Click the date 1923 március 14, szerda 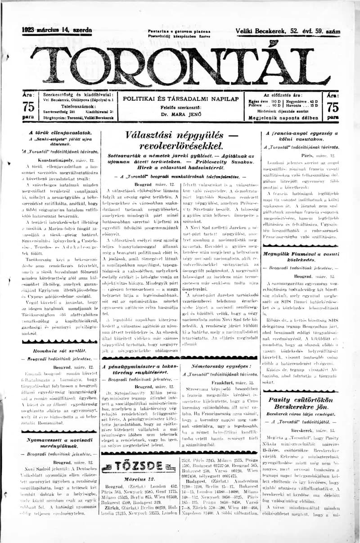(x=57, y=30)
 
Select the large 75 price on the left (x=28, y=107)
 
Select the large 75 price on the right (x=333, y=107)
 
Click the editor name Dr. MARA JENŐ (x=180, y=114)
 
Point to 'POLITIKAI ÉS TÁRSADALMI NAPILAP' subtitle (x=180, y=99)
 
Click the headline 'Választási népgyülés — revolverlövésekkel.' (x=181, y=140)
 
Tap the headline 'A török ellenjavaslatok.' (x=60, y=133)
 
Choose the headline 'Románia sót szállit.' (x=60, y=349)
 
